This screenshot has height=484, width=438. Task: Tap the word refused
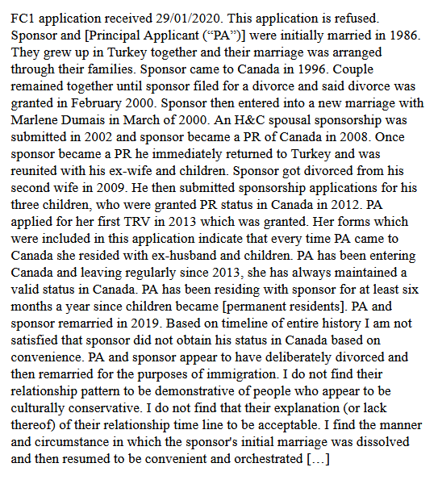click(x=376, y=15)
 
